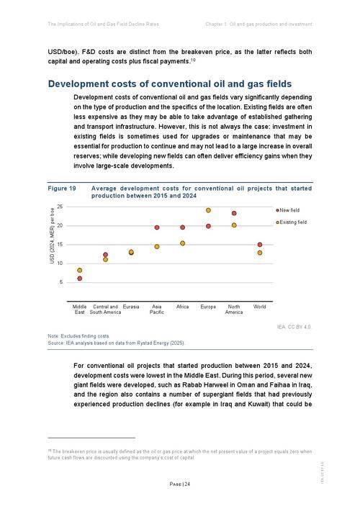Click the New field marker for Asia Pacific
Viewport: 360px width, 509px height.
[x=157, y=228]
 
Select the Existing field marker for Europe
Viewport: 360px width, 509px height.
[x=209, y=210]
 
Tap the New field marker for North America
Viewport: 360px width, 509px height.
[x=234, y=213]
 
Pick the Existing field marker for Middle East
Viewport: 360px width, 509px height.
[x=79, y=271]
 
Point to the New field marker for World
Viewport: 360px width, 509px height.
[x=260, y=245]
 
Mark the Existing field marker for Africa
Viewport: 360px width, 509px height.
[x=183, y=243]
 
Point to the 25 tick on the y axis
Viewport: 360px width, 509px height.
[x=60, y=207]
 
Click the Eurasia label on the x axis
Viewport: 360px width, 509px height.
[x=131, y=307]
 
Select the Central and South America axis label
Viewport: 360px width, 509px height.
[x=105, y=310]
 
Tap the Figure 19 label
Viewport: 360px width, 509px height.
[x=62, y=188]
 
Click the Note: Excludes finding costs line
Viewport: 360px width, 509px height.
[x=78, y=336]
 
